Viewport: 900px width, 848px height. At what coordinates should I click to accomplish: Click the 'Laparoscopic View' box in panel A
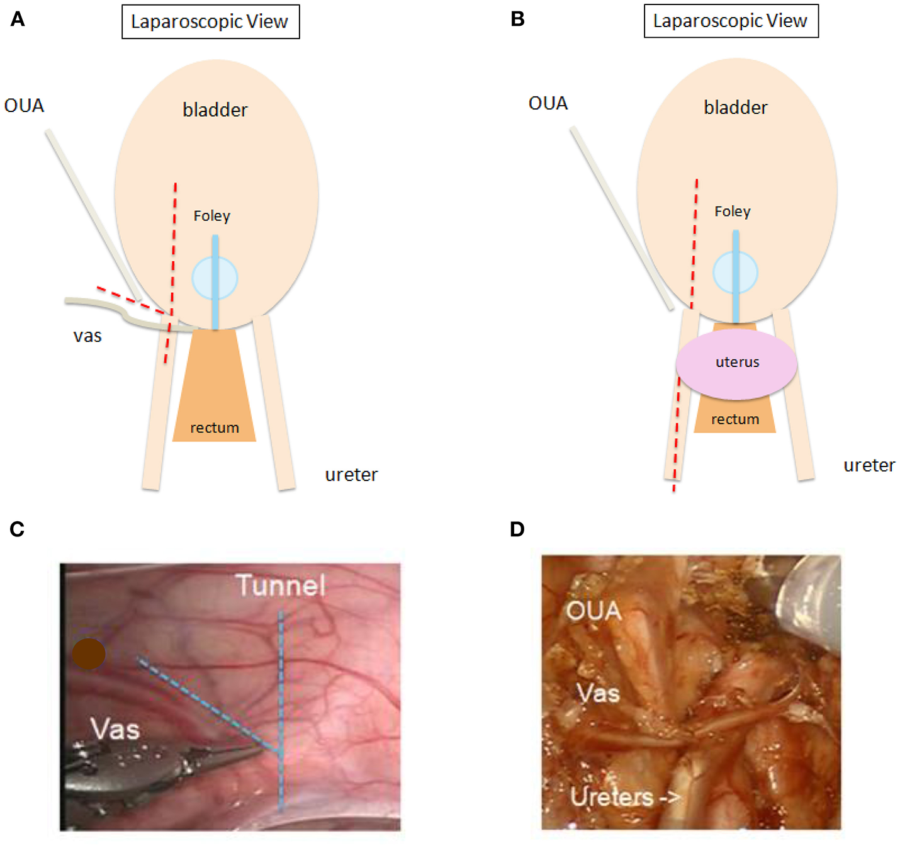coord(210,22)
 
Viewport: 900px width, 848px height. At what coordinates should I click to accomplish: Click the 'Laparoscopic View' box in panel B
coord(731,21)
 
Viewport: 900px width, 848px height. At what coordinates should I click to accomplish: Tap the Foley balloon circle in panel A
coord(215,278)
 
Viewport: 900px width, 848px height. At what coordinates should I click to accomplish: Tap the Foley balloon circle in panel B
coord(735,273)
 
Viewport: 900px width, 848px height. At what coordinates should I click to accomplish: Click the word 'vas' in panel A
coord(87,336)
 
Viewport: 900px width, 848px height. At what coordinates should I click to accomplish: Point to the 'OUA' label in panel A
coord(25,105)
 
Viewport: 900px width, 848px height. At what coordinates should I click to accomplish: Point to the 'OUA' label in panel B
coord(548,103)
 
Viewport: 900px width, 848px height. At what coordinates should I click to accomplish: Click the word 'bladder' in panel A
coord(215,110)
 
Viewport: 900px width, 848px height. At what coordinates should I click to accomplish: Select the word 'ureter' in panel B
coord(869,465)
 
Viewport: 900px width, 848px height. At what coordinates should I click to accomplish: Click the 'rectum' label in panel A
coord(215,428)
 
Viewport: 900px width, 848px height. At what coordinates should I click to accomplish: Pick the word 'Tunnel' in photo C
coord(281,585)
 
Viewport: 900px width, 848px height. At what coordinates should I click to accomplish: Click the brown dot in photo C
coord(88,653)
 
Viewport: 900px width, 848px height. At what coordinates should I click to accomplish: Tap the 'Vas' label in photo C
coord(115,729)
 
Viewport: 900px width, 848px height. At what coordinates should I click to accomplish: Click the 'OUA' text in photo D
coord(593,611)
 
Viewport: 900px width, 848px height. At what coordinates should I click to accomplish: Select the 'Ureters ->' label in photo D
coord(625,797)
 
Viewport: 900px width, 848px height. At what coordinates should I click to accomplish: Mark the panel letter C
coord(17,529)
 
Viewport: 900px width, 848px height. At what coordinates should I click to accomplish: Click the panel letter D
coord(517,529)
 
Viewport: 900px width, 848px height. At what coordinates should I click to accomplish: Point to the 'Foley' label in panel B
coord(733,212)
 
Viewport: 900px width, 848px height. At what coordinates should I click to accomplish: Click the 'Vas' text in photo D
coord(598,693)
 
